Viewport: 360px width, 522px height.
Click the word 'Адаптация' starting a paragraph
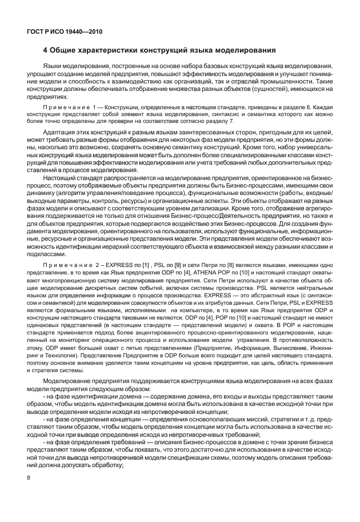pyautogui.click(x=59, y=132)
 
